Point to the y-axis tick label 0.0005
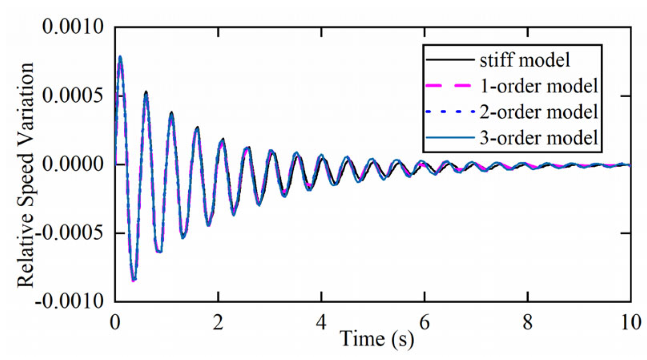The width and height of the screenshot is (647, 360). (73, 96)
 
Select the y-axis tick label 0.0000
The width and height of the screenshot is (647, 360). (73, 165)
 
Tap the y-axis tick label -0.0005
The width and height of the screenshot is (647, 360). (70, 233)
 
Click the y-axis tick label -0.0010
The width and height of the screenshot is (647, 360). (70, 301)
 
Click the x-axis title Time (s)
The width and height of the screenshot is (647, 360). (377, 339)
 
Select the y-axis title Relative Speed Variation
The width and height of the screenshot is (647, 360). (26, 175)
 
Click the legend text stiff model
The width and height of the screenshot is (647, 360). (525, 60)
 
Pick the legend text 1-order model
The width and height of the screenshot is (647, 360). (539, 86)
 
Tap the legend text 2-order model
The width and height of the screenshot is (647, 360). (539, 112)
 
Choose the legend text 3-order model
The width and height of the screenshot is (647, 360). (539, 138)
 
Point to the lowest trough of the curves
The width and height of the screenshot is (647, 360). (134, 280)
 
